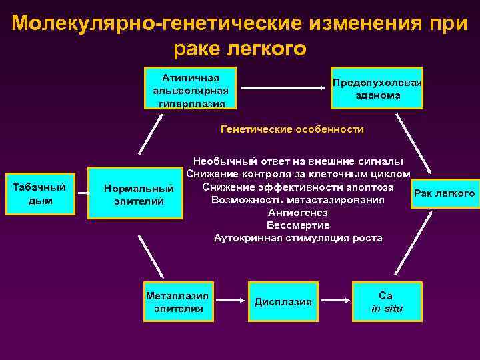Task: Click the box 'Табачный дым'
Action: pyautogui.click(x=39, y=194)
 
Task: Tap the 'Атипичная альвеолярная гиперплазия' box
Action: pyautogui.click(x=191, y=88)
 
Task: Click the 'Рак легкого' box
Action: pyautogui.click(x=445, y=193)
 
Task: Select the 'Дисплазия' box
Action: pyautogui.click(x=283, y=302)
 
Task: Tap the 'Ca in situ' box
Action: pyautogui.click(x=387, y=302)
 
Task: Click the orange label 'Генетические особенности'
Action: pyautogui.click(x=292, y=129)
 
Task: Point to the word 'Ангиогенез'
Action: pyautogui.click(x=297, y=213)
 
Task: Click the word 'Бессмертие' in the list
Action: pyautogui.click(x=297, y=225)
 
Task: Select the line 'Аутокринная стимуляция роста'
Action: pyautogui.click(x=298, y=238)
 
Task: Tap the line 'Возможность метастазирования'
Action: pyautogui.click(x=297, y=200)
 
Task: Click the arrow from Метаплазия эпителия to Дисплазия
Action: pyautogui.click(x=231, y=301)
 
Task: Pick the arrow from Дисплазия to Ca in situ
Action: pyautogui.click(x=335, y=301)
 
